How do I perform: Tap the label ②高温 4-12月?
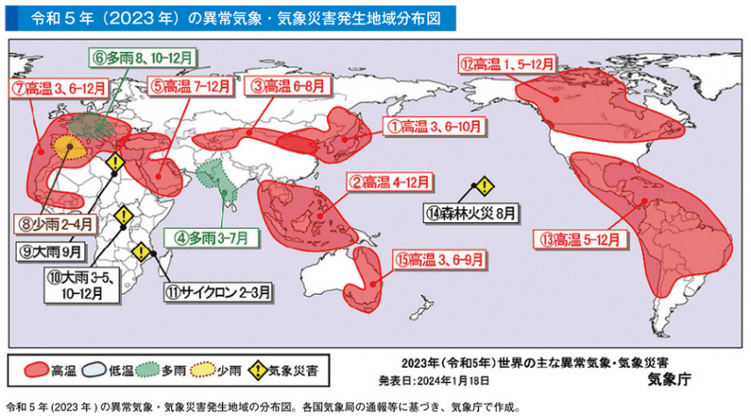click(x=390, y=183)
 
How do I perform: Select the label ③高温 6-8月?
click(x=283, y=86)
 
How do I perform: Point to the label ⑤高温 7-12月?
click(x=190, y=86)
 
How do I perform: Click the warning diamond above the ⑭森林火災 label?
click(x=483, y=186)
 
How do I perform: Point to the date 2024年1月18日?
click(x=453, y=380)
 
